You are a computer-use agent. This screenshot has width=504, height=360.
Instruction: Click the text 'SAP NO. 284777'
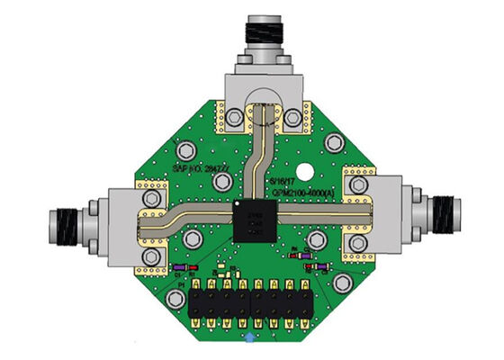point(200,167)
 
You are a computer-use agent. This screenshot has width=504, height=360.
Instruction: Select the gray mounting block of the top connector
point(262,91)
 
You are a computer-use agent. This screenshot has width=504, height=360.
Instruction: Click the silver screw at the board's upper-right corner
point(333,142)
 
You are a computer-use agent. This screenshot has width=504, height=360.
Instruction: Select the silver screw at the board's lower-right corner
point(341,283)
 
